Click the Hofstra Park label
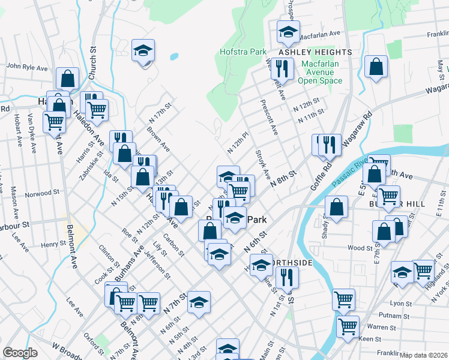click(x=243, y=52)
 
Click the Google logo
click(x=20, y=353)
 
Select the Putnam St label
click(x=379, y=315)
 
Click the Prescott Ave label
click(x=268, y=120)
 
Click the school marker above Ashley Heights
click(x=288, y=31)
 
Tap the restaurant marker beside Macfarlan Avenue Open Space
click(x=281, y=69)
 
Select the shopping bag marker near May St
click(x=376, y=67)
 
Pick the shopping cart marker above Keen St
click(x=348, y=326)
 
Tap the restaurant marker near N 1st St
click(x=288, y=277)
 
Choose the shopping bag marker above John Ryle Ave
click(x=67, y=78)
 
